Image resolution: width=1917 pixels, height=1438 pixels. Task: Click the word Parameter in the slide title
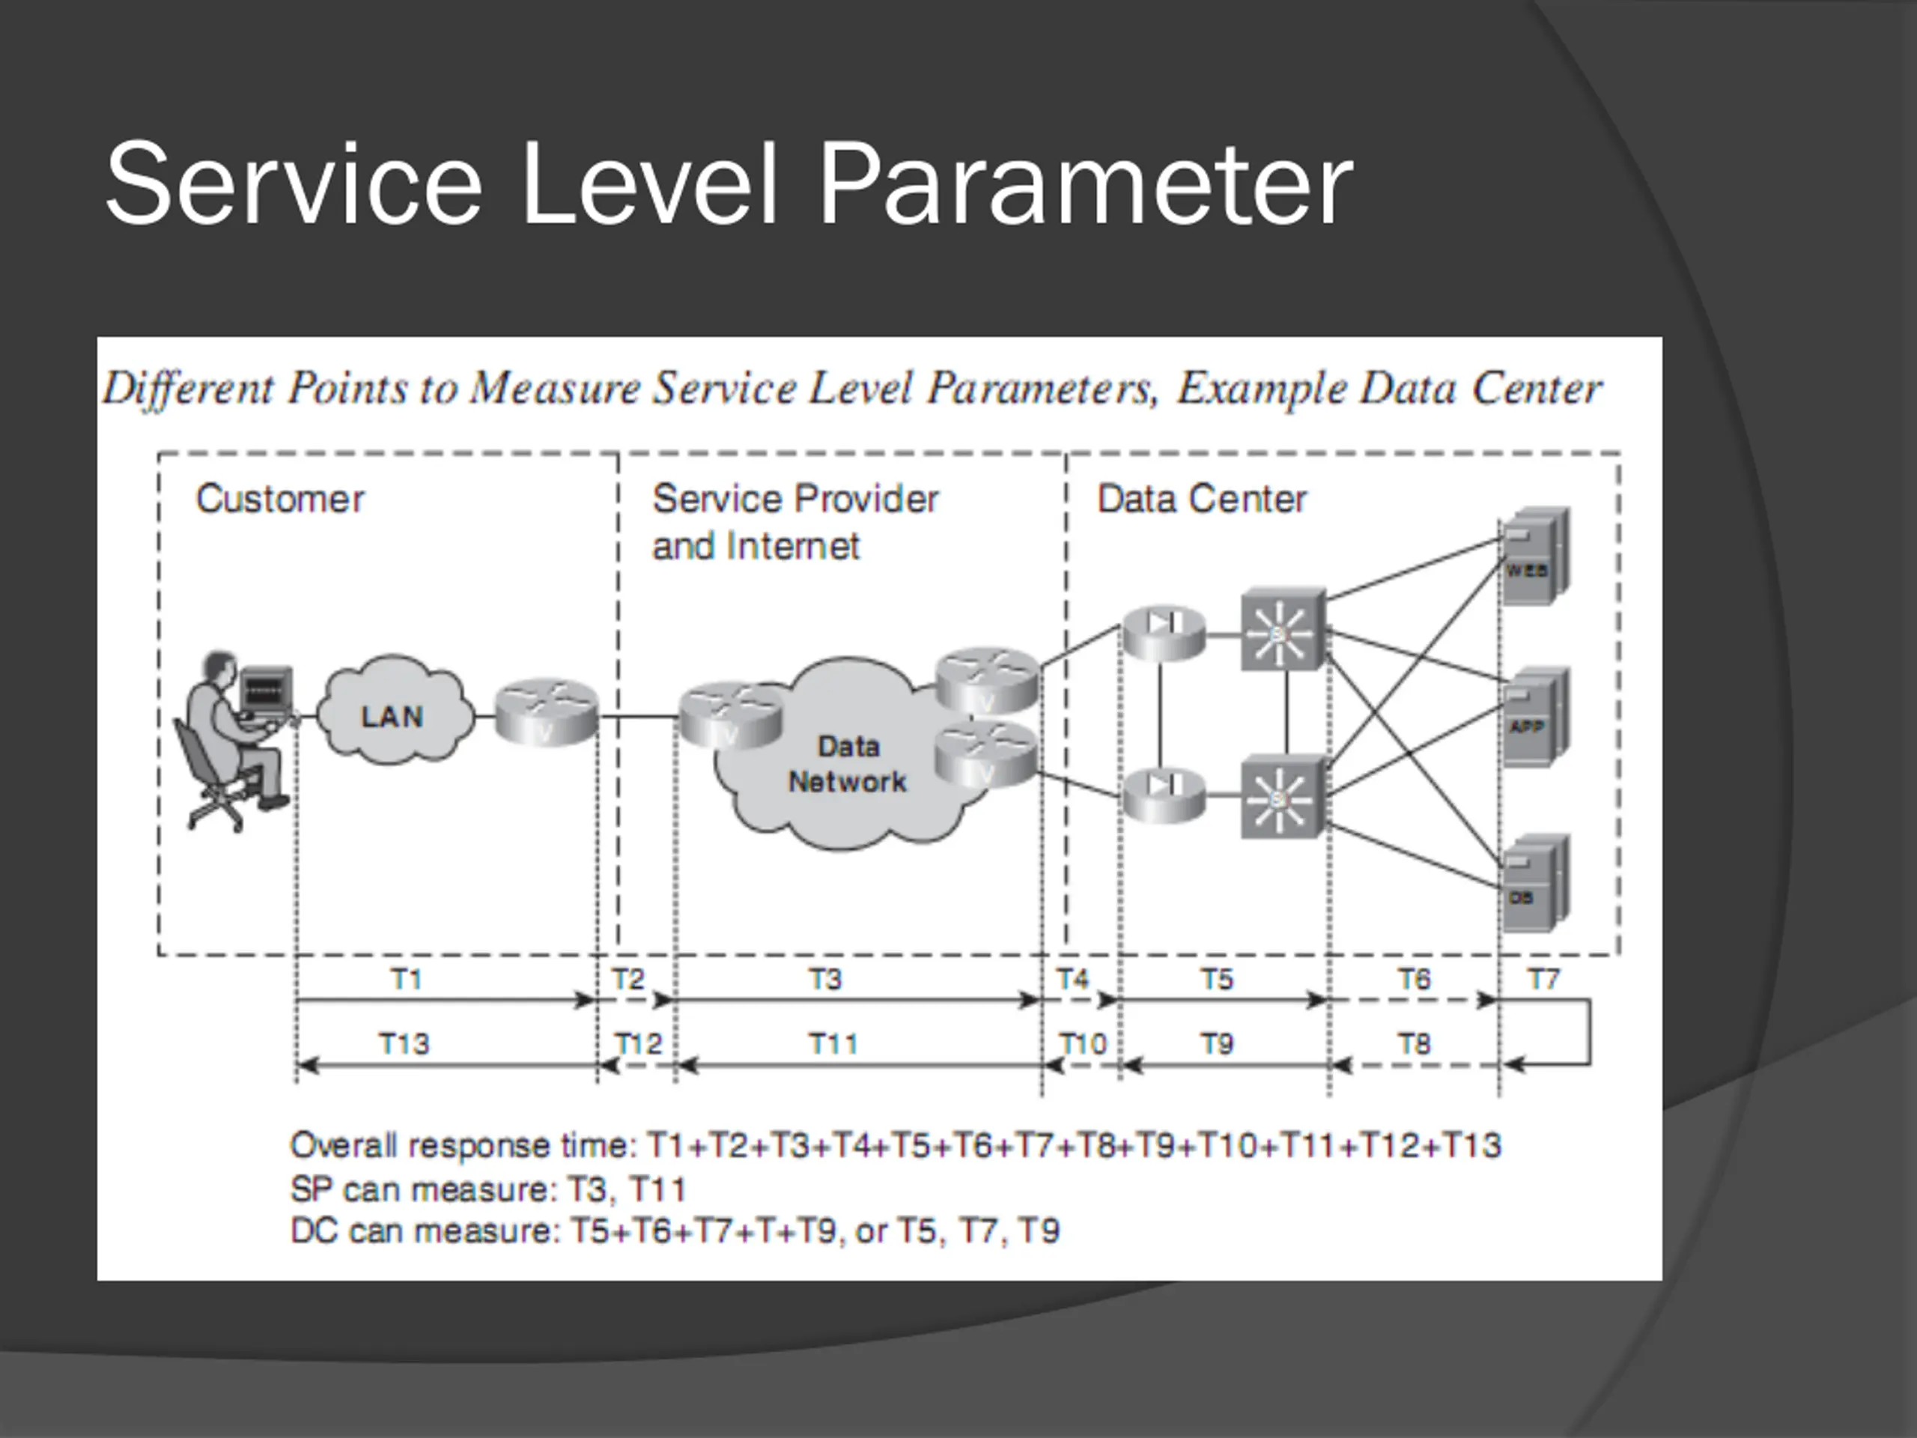point(1085,185)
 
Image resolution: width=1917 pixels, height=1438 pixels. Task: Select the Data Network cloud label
point(847,765)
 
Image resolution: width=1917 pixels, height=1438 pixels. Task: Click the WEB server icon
point(1535,556)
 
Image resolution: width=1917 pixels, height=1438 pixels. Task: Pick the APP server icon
point(1535,716)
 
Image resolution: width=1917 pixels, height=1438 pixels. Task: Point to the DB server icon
point(1535,883)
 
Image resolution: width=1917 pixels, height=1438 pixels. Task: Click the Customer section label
point(280,500)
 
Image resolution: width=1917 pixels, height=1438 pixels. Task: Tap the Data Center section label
point(1201,500)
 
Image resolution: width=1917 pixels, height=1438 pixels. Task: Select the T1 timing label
point(407,980)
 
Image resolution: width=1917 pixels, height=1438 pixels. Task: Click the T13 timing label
point(404,1043)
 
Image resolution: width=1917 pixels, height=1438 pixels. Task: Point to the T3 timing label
point(825,980)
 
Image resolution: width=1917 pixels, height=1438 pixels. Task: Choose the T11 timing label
point(833,1043)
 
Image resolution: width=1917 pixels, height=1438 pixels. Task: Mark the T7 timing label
point(1543,980)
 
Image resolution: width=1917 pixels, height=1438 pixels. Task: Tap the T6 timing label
point(1414,980)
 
